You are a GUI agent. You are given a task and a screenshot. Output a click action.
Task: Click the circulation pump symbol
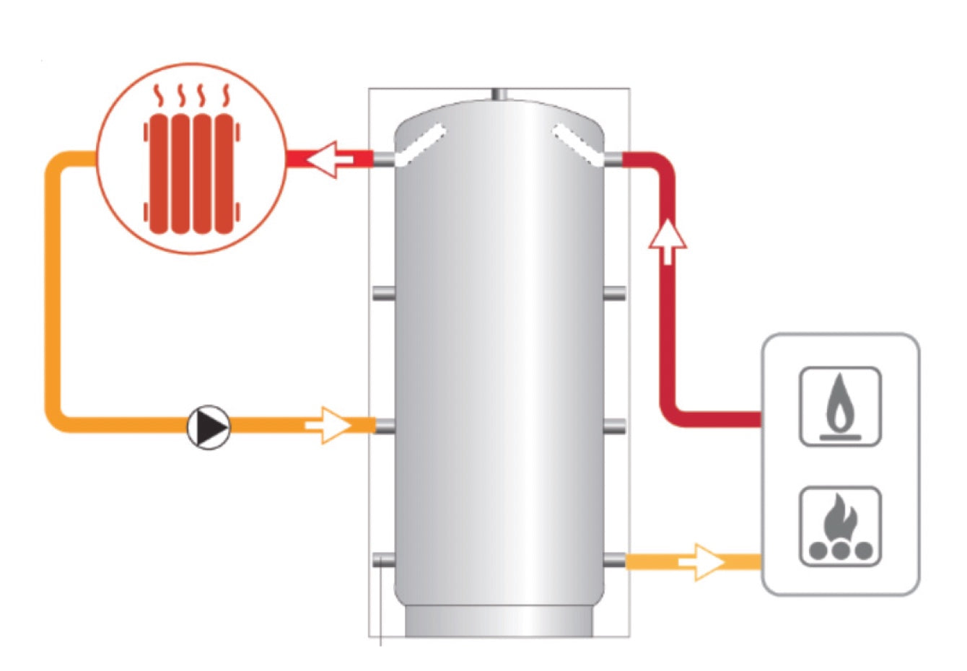[x=209, y=427]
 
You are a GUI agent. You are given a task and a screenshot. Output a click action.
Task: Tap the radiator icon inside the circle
[x=191, y=172]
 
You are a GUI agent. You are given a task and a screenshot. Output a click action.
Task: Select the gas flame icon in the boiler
[x=840, y=407]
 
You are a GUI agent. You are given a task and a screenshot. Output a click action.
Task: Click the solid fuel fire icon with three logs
[x=840, y=527]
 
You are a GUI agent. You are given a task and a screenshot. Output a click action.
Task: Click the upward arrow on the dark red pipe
[x=668, y=242]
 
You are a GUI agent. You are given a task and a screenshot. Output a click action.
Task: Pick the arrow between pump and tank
[x=328, y=426]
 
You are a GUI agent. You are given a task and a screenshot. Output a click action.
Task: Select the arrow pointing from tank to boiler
[x=701, y=561]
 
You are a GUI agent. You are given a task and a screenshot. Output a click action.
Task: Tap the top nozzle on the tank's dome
[x=499, y=95]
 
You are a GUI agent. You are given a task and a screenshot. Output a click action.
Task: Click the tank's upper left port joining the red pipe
[x=383, y=159]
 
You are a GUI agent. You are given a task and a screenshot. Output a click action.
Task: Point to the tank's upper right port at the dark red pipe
[x=614, y=159]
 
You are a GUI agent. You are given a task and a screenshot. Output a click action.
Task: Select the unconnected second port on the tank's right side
[x=614, y=293]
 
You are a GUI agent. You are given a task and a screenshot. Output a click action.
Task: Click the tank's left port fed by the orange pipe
[x=383, y=426]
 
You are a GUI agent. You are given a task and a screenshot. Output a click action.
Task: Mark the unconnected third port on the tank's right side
[x=614, y=426]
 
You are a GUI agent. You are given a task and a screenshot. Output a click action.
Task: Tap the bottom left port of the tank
[x=383, y=560]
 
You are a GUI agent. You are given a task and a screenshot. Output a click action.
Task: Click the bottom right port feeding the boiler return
[x=614, y=560]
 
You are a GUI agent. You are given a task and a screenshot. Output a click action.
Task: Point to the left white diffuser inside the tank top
[x=421, y=144]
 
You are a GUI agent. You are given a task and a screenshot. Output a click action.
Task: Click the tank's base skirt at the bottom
[x=499, y=622]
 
